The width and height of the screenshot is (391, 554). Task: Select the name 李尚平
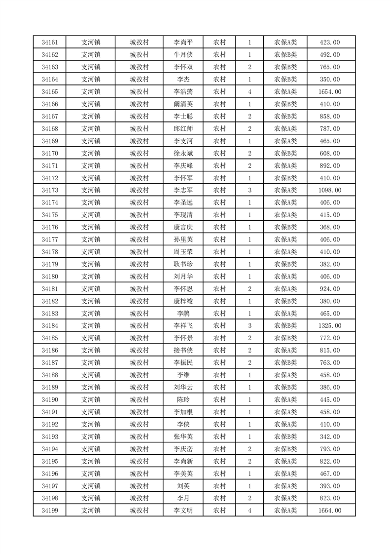tap(183, 42)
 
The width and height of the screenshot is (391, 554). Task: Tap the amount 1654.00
tap(330, 92)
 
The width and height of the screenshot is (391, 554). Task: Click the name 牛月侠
tap(183, 55)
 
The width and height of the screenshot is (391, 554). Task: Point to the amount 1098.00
tap(330, 190)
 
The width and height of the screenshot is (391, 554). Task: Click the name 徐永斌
tap(183, 154)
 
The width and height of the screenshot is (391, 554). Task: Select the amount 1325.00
tap(330, 326)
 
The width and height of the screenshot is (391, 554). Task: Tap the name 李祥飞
tap(183, 326)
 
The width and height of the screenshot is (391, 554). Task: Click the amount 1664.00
tap(330, 511)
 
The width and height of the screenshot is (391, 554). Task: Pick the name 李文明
tap(183, 511)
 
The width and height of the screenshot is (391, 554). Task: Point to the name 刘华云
tap(183, 388)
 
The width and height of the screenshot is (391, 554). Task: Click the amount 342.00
tap(330, 436)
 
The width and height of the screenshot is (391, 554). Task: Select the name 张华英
tap(183, 436)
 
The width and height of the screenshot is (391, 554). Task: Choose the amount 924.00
tap(330, 289)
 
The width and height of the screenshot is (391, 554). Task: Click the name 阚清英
tap(183, 104)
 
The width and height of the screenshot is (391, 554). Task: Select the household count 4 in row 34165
tap(250, 92)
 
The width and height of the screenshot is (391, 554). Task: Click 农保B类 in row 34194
tap(285, 449)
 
